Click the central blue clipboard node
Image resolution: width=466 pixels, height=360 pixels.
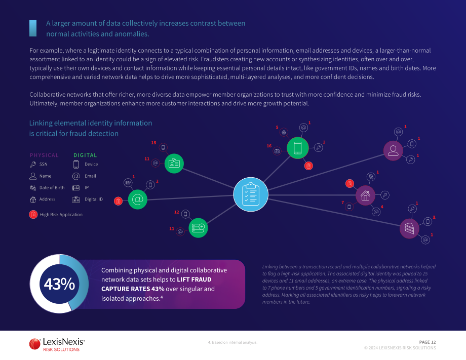click(x=251, y=194)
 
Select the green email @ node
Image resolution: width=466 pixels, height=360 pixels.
click(x=138, y=199)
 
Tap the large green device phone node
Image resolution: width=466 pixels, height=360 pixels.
click(x=297, y=148)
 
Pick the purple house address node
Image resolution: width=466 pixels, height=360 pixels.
click(x=365, y=195)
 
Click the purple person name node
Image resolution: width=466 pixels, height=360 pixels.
click(x=393, y=150)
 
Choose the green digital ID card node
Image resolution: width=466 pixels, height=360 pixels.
click(x=174, y=164)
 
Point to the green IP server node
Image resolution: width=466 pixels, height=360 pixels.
click(x=198, y=228)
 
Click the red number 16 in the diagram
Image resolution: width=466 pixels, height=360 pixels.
click(x=269, y=146)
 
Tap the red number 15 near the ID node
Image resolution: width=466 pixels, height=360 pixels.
click(x=153, y=143)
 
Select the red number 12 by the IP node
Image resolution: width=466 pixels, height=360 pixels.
click(x=177, y=212)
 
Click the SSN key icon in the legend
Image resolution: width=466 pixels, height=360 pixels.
click(x=33, y=164)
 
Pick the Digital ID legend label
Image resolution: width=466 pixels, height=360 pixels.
click(x=94, y=199)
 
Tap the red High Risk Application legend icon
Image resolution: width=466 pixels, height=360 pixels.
click(x=33, y=215)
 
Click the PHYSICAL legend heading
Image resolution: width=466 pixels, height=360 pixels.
click(x=44, y=155)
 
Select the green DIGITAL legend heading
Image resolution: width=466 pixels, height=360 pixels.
click(x=85, y=155)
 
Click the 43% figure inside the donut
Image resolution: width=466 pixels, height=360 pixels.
click(x=59, y=284)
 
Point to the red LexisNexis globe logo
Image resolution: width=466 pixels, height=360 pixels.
click(x=35, y=344)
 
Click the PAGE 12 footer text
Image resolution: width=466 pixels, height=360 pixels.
click(x=428, y=342)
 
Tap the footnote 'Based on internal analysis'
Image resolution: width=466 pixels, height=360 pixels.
click(x=232, y=342)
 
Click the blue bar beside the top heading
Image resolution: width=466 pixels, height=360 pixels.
click(x=33, y=28)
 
